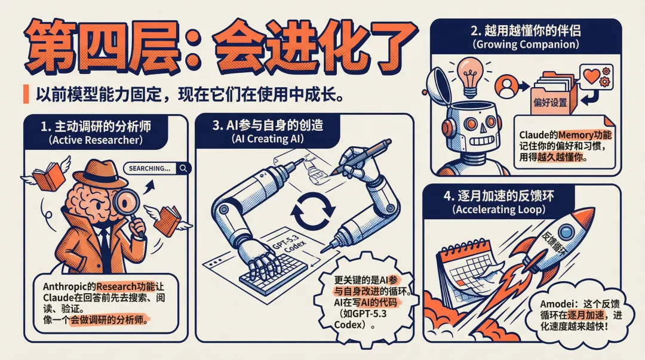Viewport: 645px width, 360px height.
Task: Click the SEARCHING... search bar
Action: pos(157,168)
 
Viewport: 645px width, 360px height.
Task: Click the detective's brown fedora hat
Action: pos(101,174)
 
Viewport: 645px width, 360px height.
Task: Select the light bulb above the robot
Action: pos(470,77)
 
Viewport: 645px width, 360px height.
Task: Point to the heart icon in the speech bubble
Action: pos(591,76)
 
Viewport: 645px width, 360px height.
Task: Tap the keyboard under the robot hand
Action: pos(274,272)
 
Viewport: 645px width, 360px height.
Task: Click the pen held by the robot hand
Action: pos(360,156)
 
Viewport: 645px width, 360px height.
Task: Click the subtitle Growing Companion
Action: pos(526,44)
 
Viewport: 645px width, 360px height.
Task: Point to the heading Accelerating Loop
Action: pos(499,210)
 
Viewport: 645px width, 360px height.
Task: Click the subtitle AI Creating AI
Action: pos(268,139)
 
